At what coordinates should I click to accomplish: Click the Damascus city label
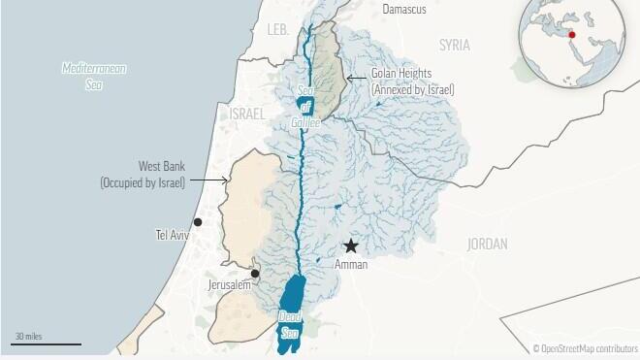click(x=404, y=9)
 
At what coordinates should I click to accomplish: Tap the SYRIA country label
click(x=454, y=46)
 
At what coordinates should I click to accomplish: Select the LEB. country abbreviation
click(x=278, y=30)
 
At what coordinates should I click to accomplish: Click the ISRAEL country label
click(x=246, y=115)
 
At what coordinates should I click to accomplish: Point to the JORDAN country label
click(x=487, y=245)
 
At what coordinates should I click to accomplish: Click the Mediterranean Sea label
click(x=94, y=77)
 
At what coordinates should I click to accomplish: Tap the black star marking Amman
click(x=351, y=246)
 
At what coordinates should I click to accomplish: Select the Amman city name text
click(x=350, y=264)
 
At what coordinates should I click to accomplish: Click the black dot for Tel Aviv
click(x=198, y=222)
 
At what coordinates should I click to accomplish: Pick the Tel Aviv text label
click(x=175, y=236)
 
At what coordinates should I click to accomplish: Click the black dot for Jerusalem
click(x=254, y=274)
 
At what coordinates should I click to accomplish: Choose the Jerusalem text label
click(x=229, y=285)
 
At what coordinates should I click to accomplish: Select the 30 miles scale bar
click(x=47, y=343)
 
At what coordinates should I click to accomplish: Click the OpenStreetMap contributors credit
click(x=585, y=348)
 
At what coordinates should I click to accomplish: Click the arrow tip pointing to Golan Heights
click(x=346, y=76)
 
